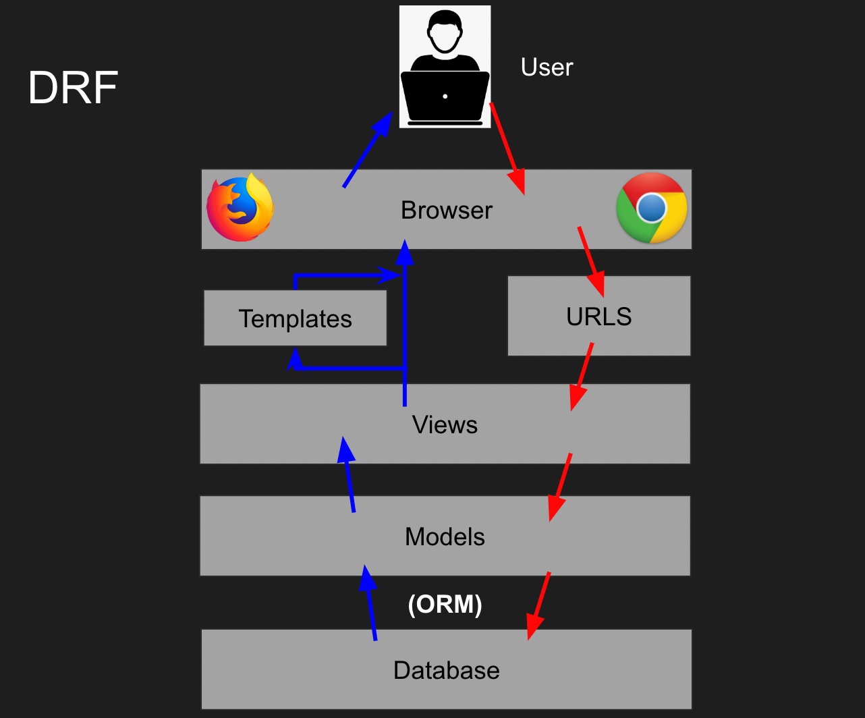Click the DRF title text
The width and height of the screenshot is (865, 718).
pyautogui.click(x=73, y=88)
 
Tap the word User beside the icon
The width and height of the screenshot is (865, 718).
pyautogui.click(x=547, y=67)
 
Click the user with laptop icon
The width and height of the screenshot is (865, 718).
pyautogui.click(x=445, y=66)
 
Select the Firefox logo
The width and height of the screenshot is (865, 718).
pyautogui.click(x=240, y=209)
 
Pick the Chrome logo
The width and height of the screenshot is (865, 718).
pyautogui.click(x=651, y=208)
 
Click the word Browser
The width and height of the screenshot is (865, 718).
pyautogui.click(x=446, y=211)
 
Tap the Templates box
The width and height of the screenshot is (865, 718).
pyautogui.click(x=295, y=319)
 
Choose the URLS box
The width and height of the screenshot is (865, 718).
pyautogui.click(x=598, y=316)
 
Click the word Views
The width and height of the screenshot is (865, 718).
pyautogui.click(x=445, y=425)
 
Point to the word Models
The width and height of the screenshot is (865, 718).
pyautogui.click(x=445, y=537)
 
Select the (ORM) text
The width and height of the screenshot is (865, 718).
pyautogui.click(x=445, y=605)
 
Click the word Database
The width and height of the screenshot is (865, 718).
pyautogui.click(x=446, y=671)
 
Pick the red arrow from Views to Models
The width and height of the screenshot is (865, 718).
pyautogui.click(x=560, y=487)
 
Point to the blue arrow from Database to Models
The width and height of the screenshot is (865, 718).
pyautogui.click(x=370, y=603)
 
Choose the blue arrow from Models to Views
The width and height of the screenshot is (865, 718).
pyautogui.click(x=349, y=475)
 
